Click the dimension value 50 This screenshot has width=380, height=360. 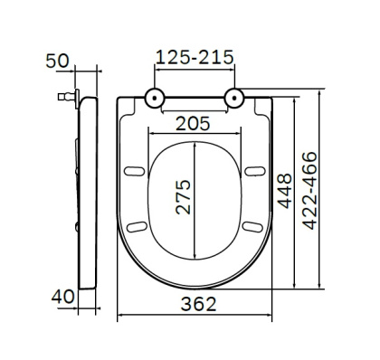click(x=59, y=62)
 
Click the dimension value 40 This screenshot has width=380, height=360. click(x=59, y=296)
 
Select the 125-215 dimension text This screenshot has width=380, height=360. click(x=195, y=56)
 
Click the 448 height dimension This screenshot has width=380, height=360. click(x=283, y=192)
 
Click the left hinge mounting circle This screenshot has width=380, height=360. click(x=155, y=96)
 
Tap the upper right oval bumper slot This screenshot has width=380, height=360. click(x=254, y=172)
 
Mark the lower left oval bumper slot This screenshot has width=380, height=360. click(x=138, y=225)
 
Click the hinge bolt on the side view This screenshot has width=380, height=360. click(x=65, y=94)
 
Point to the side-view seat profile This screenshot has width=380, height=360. click(x=89, y=190)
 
